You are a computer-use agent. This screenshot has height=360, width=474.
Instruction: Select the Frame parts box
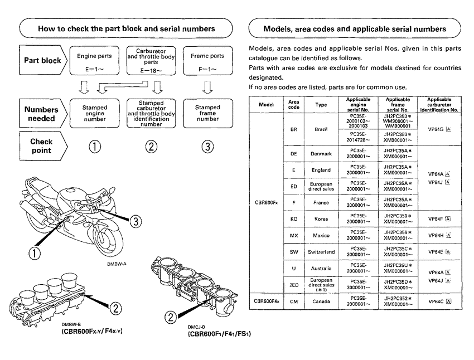[207, 60]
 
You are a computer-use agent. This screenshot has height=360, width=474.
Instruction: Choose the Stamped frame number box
[207, 110]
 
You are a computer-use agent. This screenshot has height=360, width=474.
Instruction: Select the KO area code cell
[293, 220]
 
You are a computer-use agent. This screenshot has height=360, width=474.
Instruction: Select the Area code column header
[293, 106]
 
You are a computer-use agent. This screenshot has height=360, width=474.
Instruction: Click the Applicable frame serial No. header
[402, 106]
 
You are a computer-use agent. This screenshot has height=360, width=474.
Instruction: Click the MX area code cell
[293, 236]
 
